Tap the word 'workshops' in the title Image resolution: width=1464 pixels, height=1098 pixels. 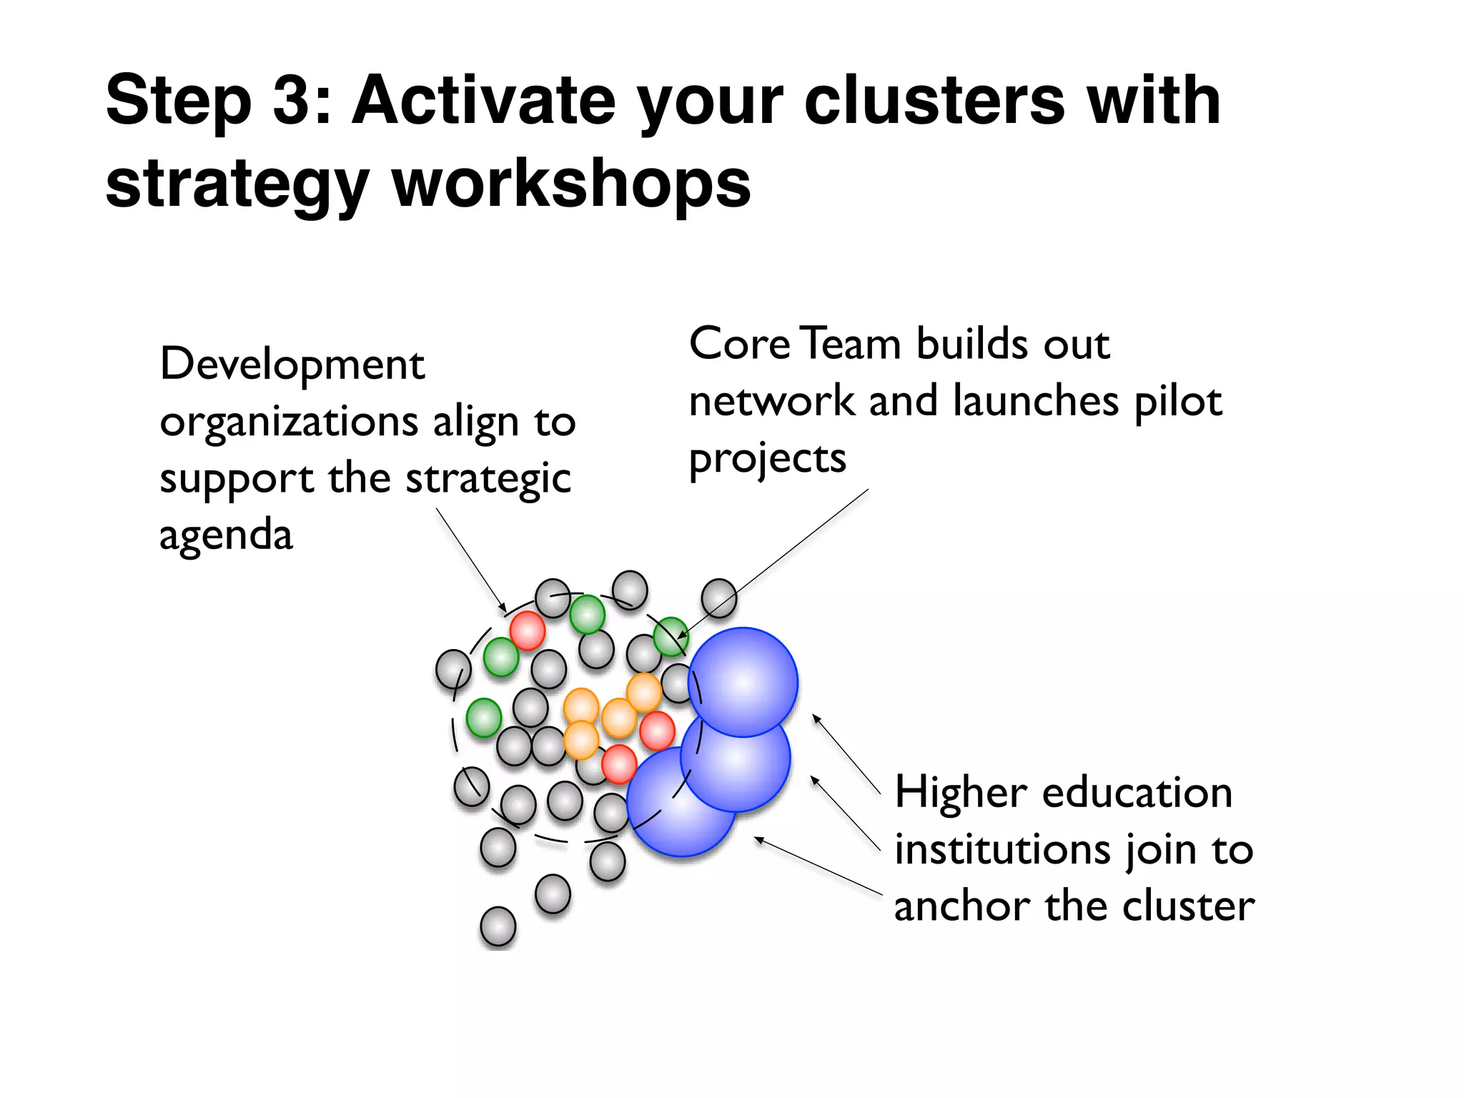click(x=572, y=184)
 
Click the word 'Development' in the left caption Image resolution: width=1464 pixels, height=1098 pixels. click(x=292, y=365)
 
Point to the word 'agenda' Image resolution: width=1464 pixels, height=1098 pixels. click(x=226, y=535)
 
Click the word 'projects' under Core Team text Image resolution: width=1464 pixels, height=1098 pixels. click(x=767, y=458)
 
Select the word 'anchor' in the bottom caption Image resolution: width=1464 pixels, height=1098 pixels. click(x=962, y=906)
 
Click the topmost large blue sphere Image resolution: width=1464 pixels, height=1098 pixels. click(x=743, y=682)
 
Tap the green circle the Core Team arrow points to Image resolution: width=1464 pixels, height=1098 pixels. click(x=671, y=636)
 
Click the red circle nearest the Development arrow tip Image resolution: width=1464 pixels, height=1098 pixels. click(x=528, y=630)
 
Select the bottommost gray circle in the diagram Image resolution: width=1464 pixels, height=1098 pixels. click(x=498, y=926)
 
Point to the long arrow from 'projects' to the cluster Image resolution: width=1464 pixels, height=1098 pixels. click(x=776, y=562)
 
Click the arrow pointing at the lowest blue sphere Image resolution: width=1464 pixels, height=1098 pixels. click(x=818, y=866)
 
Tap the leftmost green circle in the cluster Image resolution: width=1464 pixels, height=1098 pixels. click(x=484, y=717)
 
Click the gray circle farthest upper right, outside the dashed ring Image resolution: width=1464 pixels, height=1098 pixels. click(x=718, y=598)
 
